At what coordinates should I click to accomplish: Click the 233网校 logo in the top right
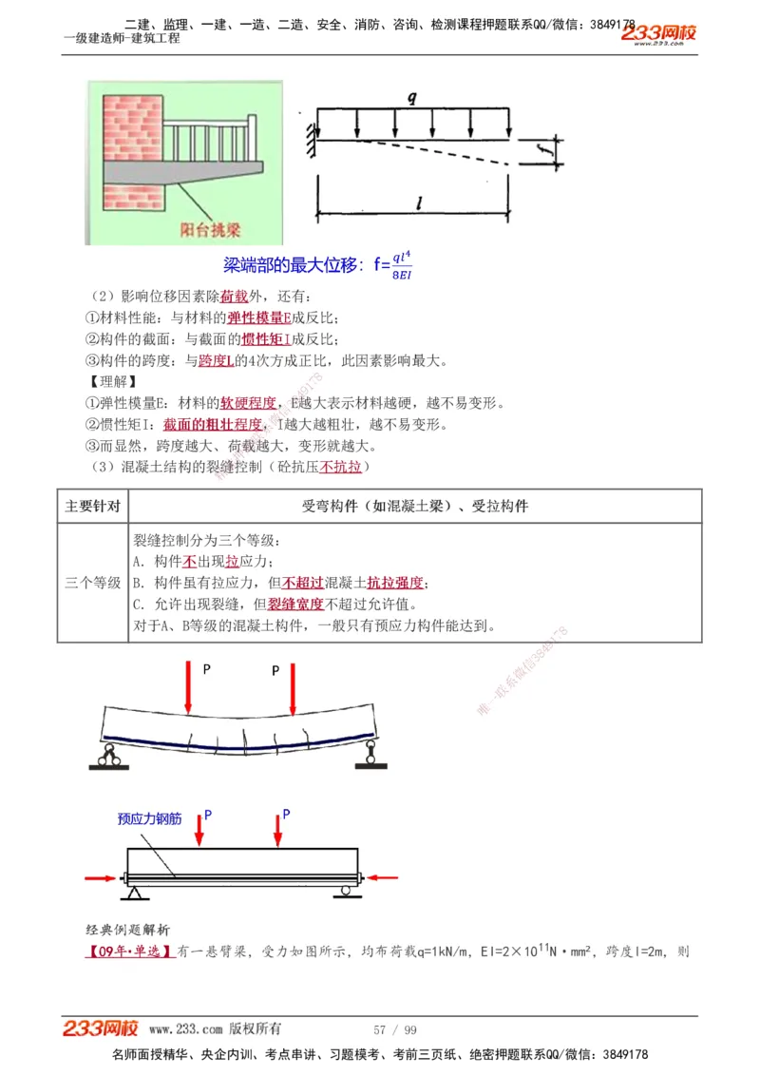(x=658, y=34)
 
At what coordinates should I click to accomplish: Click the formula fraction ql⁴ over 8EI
(x=401, y=265)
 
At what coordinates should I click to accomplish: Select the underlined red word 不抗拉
(x=341, y=467)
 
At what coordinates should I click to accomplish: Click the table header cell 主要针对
(x=92, y=506)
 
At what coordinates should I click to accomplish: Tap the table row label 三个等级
(x=92, y=582)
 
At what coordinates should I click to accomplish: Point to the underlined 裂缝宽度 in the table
(x=295, y=604)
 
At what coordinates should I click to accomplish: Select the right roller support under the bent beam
(x=368, y=756)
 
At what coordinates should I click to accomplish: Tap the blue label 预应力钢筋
(x=149, y=818)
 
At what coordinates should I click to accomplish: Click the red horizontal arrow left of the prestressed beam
(x=102, y=877)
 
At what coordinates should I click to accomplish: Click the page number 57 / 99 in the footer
(x=395, y=1029)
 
